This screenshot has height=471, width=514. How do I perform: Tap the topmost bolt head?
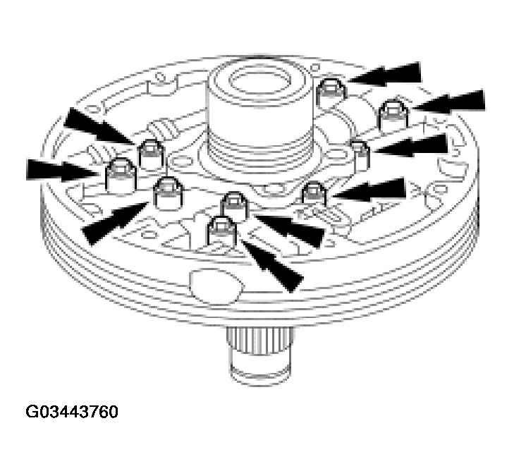tap(329, 90)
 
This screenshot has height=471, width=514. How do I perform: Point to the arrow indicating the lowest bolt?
tap(272, 264)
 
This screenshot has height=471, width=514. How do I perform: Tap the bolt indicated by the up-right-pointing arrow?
tap(167, 193)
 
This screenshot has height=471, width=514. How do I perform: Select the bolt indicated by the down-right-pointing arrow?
tap(149, 152)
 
